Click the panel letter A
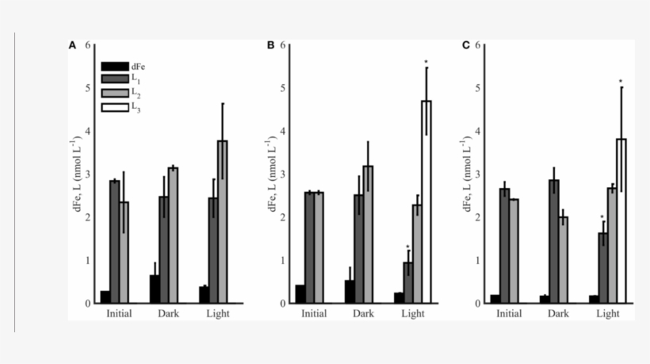point(72,46)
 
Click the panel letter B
point(270,46)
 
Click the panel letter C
point(466,46)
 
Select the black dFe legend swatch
point(115,67)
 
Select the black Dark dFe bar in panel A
point(155,289)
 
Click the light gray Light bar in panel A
point(223,222)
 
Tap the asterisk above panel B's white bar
point(426,63)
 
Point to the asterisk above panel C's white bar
point(621,82)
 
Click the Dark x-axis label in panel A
point(168,314)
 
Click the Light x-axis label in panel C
point(608,314)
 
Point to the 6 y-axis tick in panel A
point(87,45)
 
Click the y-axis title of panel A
point(76,174)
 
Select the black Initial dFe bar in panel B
point(300,294)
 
